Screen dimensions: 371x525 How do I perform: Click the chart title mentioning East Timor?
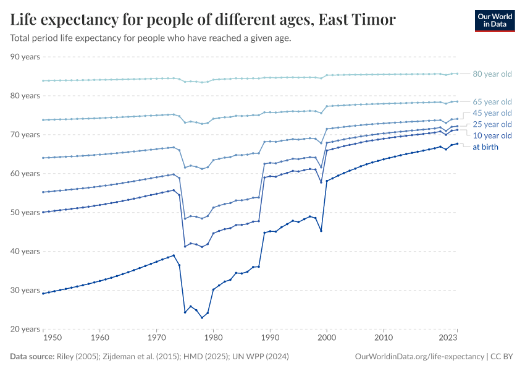tap(203, 20)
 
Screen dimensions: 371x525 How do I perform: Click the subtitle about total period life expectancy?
tap(151, 38)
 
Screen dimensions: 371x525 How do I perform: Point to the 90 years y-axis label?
tap(25, 57)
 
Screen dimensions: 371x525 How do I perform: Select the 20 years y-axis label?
tap(25, 329)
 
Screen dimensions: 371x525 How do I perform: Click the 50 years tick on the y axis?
tap(25, 213)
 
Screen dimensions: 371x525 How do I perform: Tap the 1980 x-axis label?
tap(213, 338)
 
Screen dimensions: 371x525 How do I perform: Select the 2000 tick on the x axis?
tap(327, 338)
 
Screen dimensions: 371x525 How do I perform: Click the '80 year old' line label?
tap(492, 74)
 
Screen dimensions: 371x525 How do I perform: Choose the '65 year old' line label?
tap(492, 101)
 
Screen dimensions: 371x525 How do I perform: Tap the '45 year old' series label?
tap(492, 113)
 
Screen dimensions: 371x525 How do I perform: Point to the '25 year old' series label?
tap(492, 124)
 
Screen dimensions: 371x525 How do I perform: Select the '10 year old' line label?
tap(492, 135)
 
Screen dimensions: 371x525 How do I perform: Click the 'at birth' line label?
tap(485, 147)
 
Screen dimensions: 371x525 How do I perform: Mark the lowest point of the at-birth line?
tap(202, 318)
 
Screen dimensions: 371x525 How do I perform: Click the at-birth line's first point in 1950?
tap(43, 293)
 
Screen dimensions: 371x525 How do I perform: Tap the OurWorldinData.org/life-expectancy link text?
tap(420, 357)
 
